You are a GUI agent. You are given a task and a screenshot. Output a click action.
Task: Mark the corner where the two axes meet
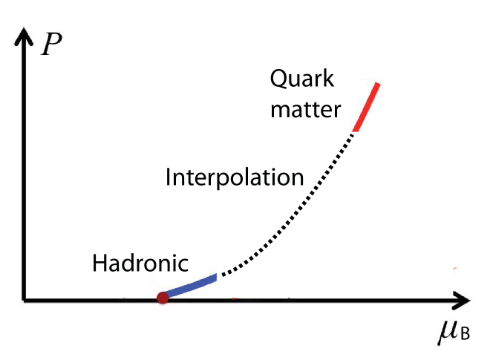(25, 300)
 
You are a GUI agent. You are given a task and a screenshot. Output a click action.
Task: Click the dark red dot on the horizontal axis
(163, 298)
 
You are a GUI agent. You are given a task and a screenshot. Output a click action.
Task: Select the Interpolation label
(235, 178)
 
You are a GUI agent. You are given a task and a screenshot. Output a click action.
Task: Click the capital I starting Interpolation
(169, 178)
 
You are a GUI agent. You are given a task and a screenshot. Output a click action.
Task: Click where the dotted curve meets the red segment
(355, 131)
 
